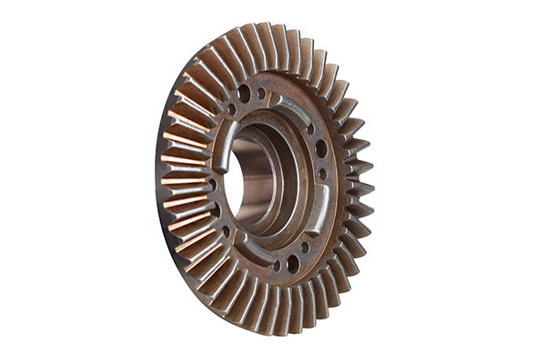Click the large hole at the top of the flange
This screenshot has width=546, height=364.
[244, 92]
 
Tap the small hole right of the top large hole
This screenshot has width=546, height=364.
[262, 93]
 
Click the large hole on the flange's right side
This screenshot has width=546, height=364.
[320, 147]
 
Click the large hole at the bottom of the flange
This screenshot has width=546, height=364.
[293, 265]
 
